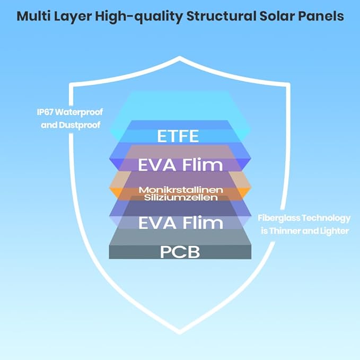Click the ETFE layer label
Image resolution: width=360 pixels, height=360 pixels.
[x=178, y=136]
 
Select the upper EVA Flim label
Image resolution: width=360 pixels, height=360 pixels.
[x=180, y=164]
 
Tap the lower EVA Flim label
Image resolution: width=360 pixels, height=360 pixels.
[x=181, y=223]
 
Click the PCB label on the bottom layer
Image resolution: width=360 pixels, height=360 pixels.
[x=180, y=252]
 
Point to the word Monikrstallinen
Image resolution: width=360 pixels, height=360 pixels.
[x=181, y=190]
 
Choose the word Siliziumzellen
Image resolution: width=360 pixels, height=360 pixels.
[x=181, y=197]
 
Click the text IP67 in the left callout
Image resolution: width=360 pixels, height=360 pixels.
[x=45, y=112]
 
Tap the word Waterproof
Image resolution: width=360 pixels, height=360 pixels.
[x=79, y=112]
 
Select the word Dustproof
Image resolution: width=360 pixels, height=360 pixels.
[x=80, y=125]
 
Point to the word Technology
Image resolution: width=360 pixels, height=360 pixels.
[x=326, y=218]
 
